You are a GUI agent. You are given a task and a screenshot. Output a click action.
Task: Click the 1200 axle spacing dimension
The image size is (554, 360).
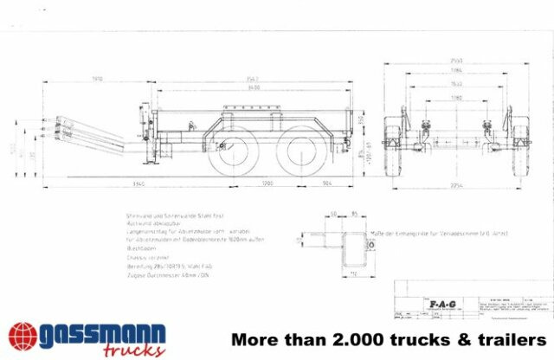(267, 183)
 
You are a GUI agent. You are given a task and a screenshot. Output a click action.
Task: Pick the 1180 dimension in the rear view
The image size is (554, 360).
(457, 98)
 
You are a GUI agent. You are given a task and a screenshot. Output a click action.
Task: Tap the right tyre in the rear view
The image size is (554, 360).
(520, 152)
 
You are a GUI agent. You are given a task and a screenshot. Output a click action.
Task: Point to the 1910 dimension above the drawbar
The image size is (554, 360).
(98, 79)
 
